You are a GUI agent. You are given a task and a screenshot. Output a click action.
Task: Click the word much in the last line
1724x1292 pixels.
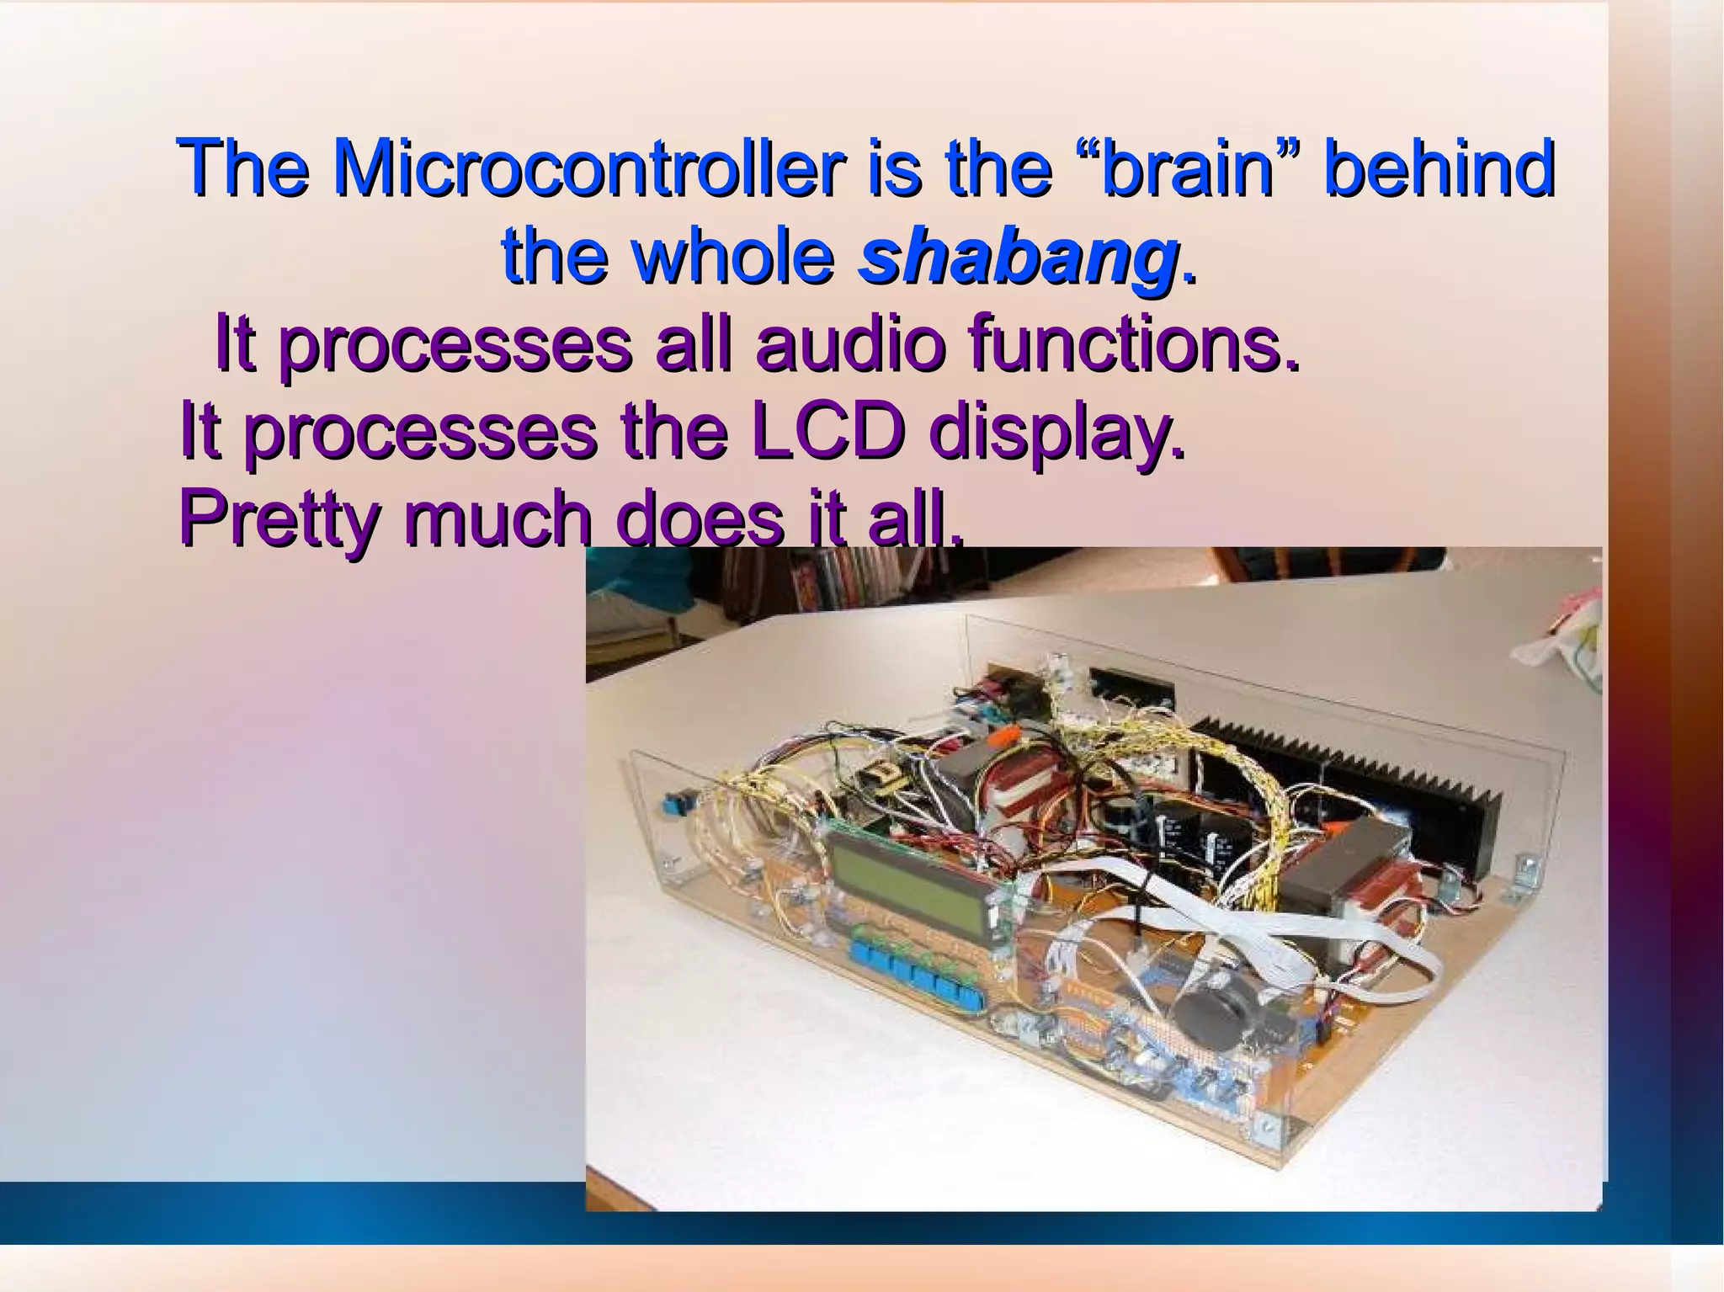click(x=498, y=519)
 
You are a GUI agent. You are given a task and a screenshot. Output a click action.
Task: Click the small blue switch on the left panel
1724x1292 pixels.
click(x=673, y=806)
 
